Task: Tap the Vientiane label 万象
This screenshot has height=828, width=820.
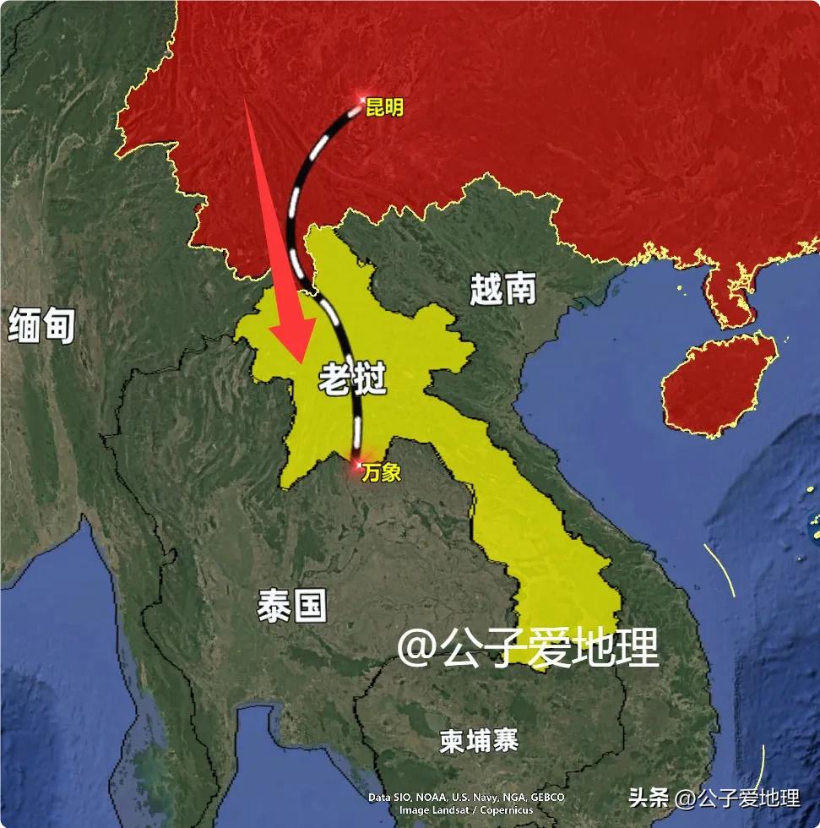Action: [381, 473]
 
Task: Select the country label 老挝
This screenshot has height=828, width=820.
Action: [352, 381]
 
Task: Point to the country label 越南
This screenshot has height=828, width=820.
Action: [503, 290]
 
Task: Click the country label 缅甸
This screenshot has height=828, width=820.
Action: [42, 325]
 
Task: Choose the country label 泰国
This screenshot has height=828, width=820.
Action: [292, 605]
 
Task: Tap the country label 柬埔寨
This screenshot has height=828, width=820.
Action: [479, 741]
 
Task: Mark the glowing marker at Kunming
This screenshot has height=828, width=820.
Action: [363, 101]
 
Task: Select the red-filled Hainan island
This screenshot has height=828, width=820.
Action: [718, 384]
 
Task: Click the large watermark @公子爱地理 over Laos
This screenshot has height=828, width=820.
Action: [528, 648]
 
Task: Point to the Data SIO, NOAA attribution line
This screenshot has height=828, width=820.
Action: [466, 797]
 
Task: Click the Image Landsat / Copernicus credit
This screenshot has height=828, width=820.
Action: [466, 810]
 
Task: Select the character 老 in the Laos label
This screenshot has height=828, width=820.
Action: [334, 381]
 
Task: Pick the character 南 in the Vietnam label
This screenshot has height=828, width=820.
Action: [520, 290]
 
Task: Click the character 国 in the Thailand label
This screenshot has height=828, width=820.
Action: [310, 605]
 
